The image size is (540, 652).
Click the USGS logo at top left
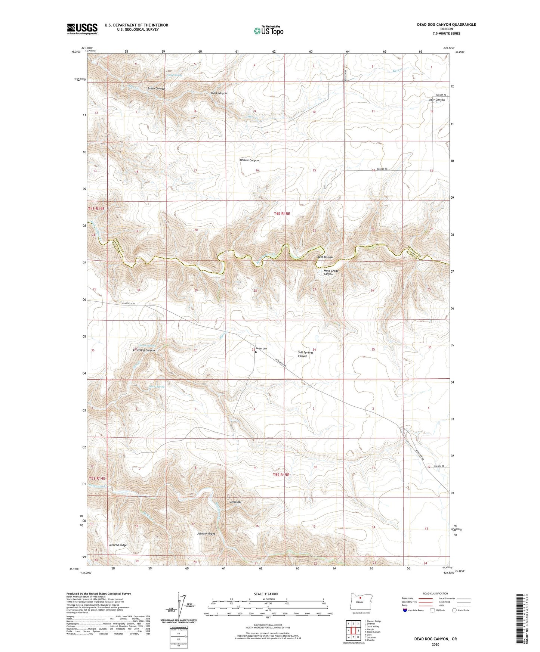pos(82,29)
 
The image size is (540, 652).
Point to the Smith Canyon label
pos(156,89)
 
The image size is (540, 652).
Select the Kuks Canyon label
pos(219,93)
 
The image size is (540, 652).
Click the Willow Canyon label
pos(249,160)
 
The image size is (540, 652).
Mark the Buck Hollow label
pos(325,257)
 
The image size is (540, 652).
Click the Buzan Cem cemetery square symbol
pos(256,352)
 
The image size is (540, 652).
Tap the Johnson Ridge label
pos(206,534)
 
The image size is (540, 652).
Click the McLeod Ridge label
pos(118,545)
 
